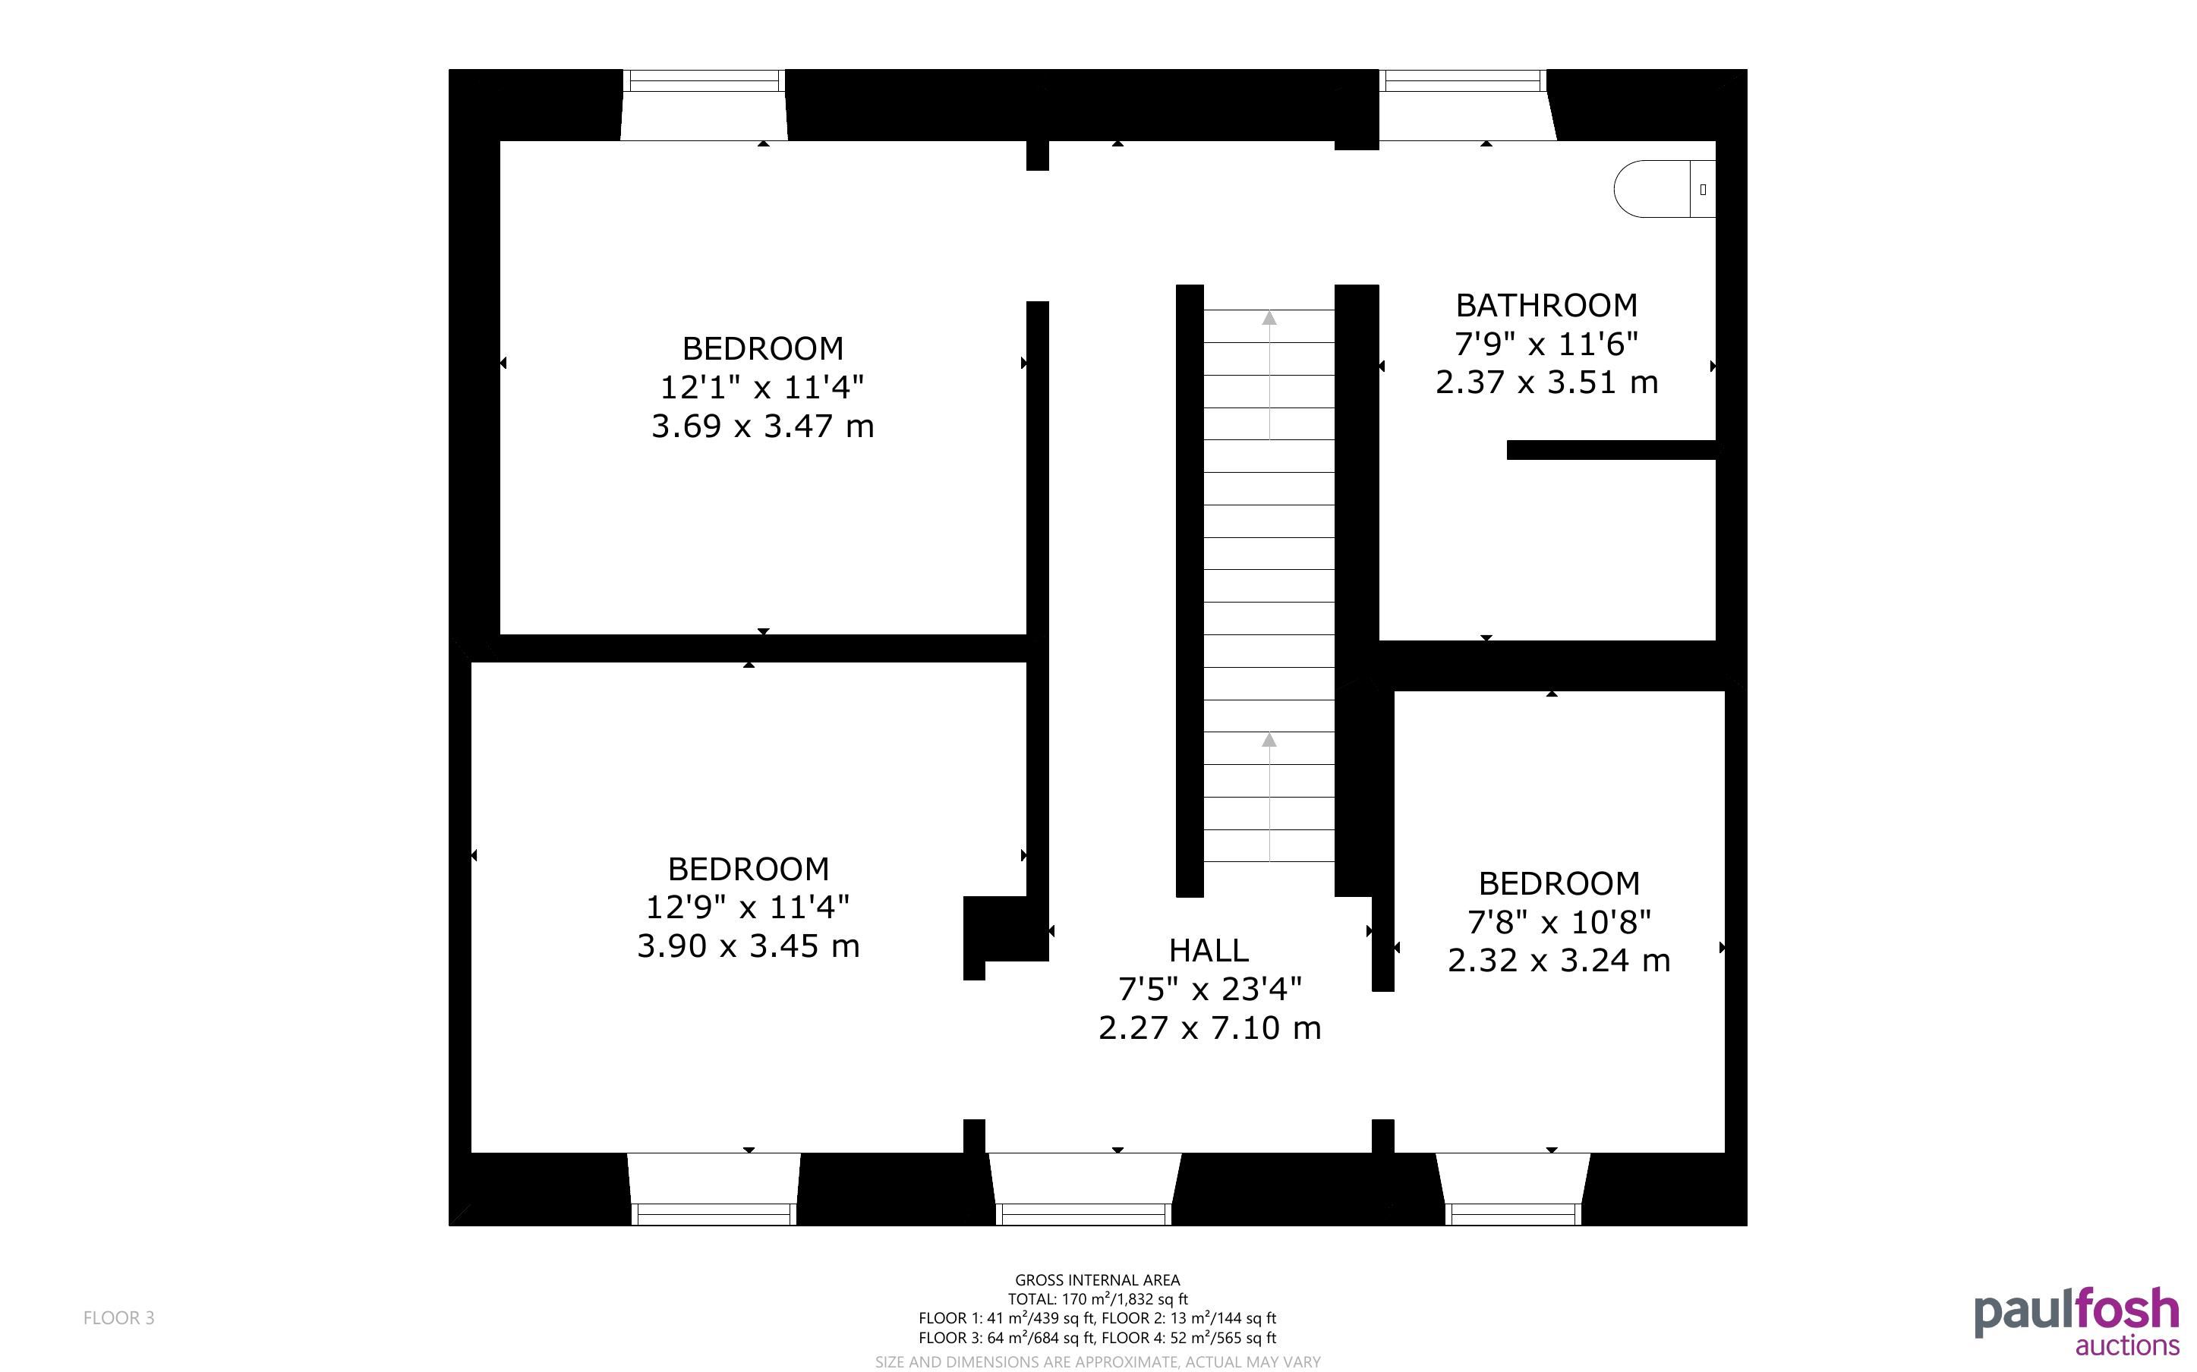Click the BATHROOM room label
(x=1546, y=305)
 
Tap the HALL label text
(x=1208, y=950)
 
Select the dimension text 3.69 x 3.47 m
(x=762, y=426)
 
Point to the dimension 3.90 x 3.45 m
(x=748, y=946)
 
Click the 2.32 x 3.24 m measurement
(x=1558, y=960)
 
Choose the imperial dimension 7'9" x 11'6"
(x=1546, y=344)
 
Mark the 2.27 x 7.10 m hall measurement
(x=1209, y=1028)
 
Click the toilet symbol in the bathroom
(x=1664, y=189)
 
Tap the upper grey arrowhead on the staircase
(x=1269, y=318)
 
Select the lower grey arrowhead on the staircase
(x=1269, y=740)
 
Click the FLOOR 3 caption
(x=119, y=1317)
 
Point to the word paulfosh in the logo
(x=2076, y=1313)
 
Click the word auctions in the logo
(x=2127, y=1345)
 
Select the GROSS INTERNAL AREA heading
(x=1097, y=1280)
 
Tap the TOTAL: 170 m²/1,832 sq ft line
(x=1097, y=1299)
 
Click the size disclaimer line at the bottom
(x=1097, y=1361)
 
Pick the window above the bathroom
(x=1462, y=80)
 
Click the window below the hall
(x=1084, y=1214)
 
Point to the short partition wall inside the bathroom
(x=1611, y=450)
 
